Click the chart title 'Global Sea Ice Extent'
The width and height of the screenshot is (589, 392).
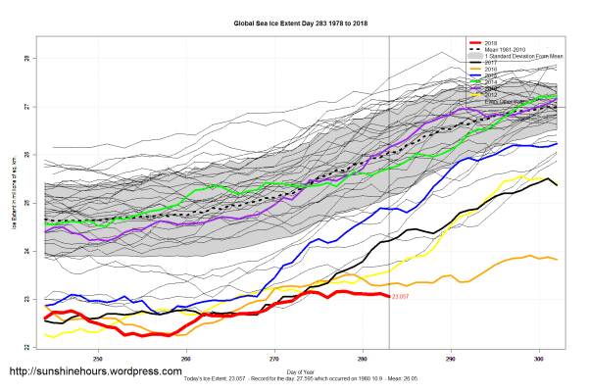[294, 23]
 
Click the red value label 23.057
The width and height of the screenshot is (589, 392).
[399, 296]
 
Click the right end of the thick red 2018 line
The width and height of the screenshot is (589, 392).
[388, 295]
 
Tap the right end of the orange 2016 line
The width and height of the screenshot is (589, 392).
[557, 259]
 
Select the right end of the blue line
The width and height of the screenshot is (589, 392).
[557, 144]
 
